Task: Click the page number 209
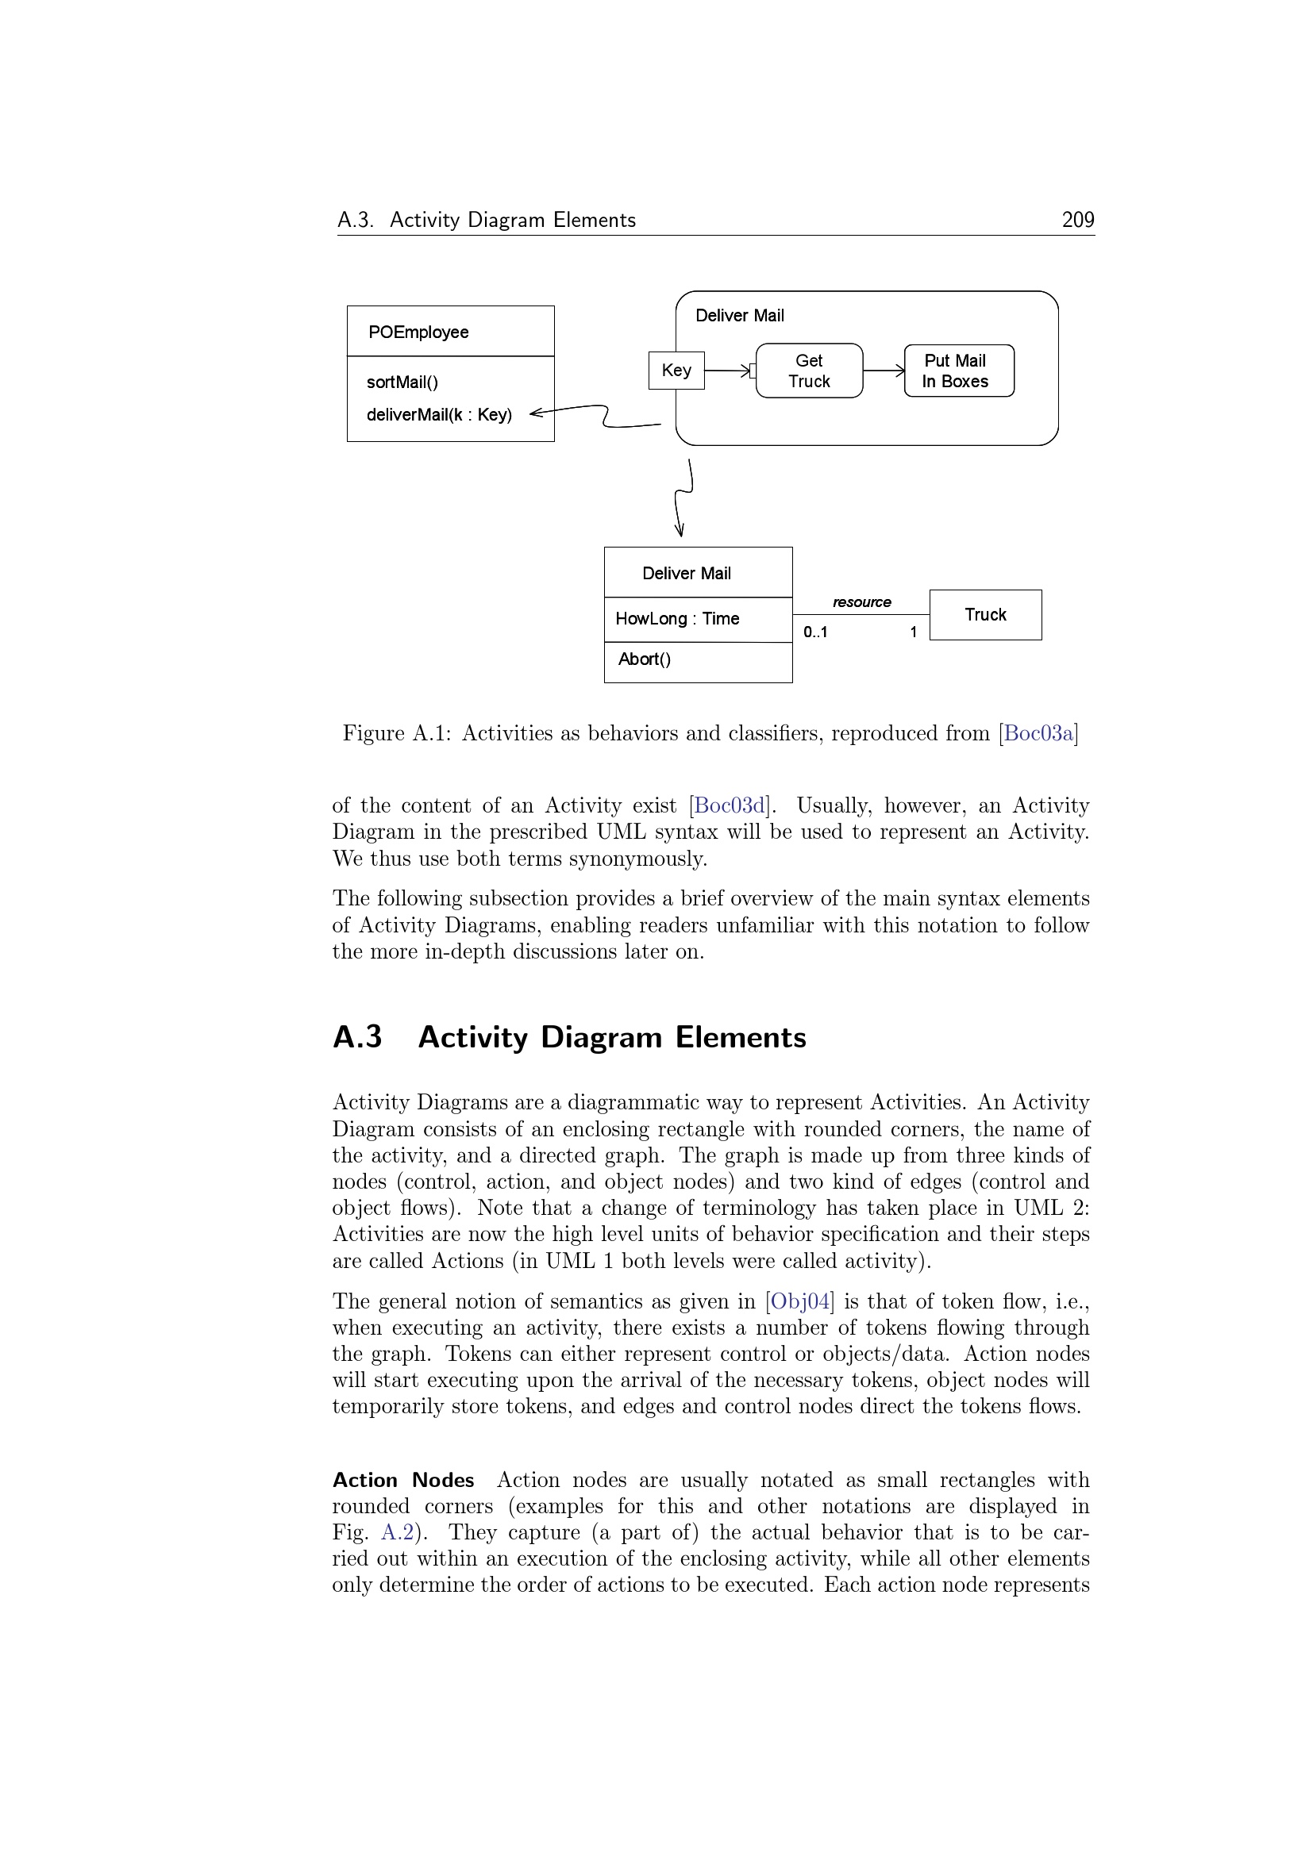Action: (x=1077, y=220)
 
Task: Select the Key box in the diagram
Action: (x=676, y=371)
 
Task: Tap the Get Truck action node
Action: (x=808, y=371)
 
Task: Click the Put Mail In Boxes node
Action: (x=958, y=371)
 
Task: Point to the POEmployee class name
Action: (x=418, y=332)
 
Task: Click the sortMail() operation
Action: (x=402, y=382)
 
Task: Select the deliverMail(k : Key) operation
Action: (x=439, y=415)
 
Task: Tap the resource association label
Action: (x=861, y=602)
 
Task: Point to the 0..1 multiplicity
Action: (x=815, y=632)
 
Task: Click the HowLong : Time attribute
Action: (x=676, y=619)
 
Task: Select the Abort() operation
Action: (x=645, y=659)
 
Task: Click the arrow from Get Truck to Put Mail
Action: (x=884, y=371)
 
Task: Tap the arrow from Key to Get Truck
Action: (x=728, y=371)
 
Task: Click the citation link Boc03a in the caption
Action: (x=1038, y=733)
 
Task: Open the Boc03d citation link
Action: (x=730, y=806)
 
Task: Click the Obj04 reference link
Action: (x=799, y=1301)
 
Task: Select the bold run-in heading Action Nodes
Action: (x=403, y=1480)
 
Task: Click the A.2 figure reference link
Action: (x=397, y=1533)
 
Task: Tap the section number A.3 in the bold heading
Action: (x=356, y=1037)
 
